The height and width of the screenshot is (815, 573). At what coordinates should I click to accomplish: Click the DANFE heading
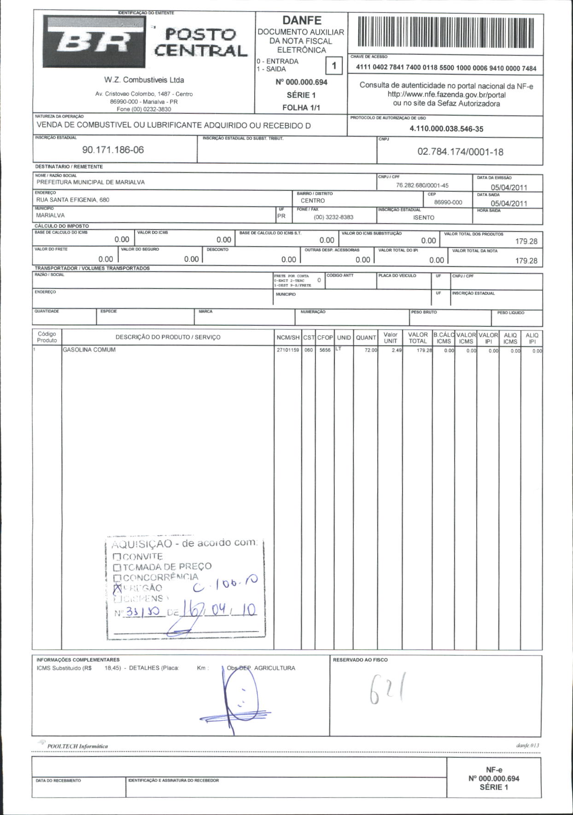302,20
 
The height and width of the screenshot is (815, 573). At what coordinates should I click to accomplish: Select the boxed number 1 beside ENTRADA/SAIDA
334,65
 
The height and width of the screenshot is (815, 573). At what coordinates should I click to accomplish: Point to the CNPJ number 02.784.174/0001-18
460,152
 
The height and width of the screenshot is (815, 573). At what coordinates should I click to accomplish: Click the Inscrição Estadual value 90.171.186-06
113,150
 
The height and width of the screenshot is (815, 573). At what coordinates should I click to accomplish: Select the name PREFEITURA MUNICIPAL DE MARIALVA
91,182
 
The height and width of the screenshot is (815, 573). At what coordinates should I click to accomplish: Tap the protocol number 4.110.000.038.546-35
446,129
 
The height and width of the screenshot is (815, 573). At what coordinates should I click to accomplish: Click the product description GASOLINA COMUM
89,350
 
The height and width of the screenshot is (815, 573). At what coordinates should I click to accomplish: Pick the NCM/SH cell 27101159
287,350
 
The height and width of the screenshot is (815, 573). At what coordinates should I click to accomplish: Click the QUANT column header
366,337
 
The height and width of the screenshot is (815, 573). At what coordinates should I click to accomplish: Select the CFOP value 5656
325,350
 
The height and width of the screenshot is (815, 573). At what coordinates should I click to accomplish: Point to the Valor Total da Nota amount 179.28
526,260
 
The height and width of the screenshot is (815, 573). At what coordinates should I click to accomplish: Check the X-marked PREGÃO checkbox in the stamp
117,588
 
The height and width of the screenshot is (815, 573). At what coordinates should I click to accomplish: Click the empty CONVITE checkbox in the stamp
117,557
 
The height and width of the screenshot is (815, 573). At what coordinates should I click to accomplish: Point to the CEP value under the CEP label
448,202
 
